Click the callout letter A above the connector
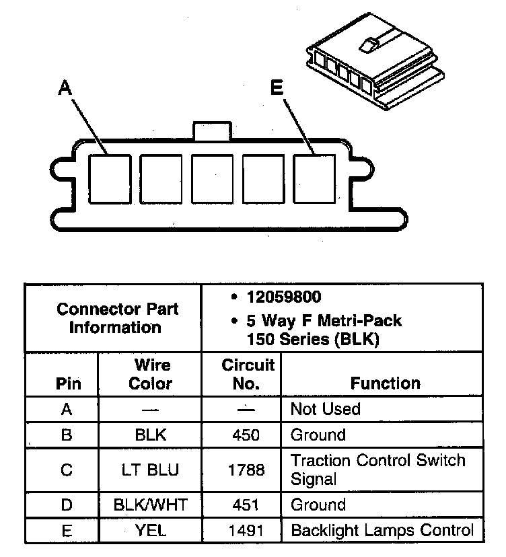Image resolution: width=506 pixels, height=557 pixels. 65,87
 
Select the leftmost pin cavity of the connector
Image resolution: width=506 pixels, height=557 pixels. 110,179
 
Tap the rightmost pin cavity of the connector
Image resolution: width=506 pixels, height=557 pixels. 314,179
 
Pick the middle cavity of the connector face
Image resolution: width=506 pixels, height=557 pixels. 212,179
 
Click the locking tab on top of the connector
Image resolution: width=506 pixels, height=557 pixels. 212,130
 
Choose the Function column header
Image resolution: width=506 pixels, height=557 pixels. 385,383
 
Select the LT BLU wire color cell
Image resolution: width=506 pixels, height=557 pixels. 150,470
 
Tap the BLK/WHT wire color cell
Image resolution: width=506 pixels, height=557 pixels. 150,505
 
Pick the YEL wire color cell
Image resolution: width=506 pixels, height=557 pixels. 150,531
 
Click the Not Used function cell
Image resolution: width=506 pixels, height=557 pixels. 326,409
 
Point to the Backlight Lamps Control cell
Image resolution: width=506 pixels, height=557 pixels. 382,531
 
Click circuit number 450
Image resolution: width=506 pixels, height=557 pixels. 245,435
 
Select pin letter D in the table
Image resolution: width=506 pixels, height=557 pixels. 66,505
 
